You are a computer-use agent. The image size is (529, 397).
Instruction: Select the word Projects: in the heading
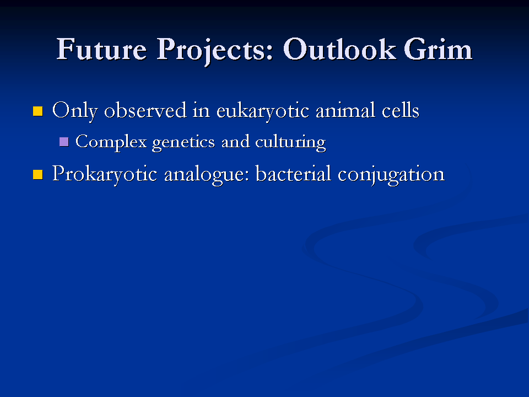(x=214, y=51)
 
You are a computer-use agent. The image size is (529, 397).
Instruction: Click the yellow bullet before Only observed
(x=38, y=111)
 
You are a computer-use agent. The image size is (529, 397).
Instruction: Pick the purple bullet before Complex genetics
(x=64, y=142)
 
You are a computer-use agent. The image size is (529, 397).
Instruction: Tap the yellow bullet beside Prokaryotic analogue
(x=38, y=175)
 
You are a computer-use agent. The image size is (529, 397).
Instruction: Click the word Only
(x=75, y=111)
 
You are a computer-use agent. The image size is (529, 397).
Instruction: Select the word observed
(x=145, y=110)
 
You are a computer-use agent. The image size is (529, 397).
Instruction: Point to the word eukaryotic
(x=262, y=111)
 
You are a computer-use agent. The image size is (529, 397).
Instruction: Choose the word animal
(x=345, y=110)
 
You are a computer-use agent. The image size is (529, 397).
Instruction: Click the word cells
(x=401, y=110)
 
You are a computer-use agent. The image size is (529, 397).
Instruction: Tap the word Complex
(x=111, y=142)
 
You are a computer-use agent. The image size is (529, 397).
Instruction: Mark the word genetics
(x=183, y=143)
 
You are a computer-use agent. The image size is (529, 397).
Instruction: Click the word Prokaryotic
(x=105, y=175)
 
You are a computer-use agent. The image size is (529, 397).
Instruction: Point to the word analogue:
(x=207, y=175)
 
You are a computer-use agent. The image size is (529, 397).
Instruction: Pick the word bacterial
(x=293, y=174)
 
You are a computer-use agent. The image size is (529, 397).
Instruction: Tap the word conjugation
(x=391, y=175)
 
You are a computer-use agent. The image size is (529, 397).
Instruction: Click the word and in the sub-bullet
(x=235, y=142)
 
